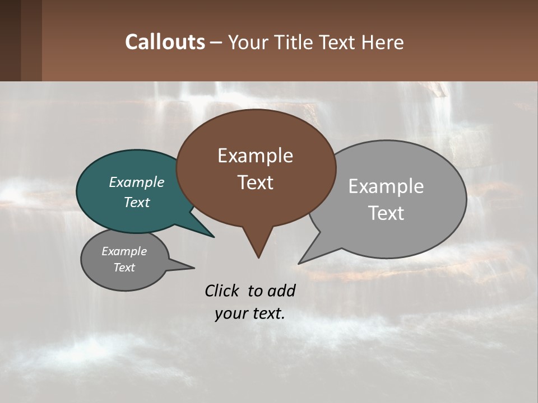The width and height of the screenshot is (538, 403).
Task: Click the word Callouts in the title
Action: point(165,42)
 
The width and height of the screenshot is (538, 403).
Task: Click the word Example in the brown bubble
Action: point(255,156)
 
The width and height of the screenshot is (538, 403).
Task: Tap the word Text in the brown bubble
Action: point(255,182)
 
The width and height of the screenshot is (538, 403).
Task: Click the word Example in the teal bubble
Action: point(136,182)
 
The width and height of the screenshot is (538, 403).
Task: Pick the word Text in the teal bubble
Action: point(136,202)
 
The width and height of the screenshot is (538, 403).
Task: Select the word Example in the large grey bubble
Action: point(386,186)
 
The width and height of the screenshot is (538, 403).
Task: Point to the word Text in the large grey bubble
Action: point(386,213)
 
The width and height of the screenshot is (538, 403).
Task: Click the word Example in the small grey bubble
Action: point(124,251)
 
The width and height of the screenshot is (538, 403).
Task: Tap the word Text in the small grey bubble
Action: point(124,268)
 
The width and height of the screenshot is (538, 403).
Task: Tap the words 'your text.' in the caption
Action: point(250,313)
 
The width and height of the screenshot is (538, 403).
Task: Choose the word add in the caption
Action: point(281,290)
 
